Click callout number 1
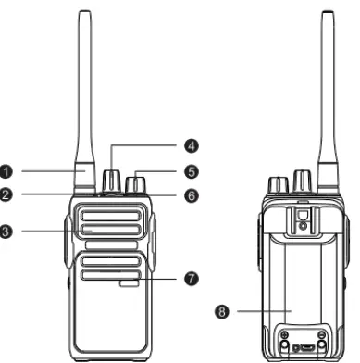point(6,171)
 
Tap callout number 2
point(6,195)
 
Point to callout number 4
point(192,144)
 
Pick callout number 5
point(192,171)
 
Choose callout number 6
point(192,195)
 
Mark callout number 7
point(192,278)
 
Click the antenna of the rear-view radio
point(328,93)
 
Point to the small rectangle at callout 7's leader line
point(130,278)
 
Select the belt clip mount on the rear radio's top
point(302,219)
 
